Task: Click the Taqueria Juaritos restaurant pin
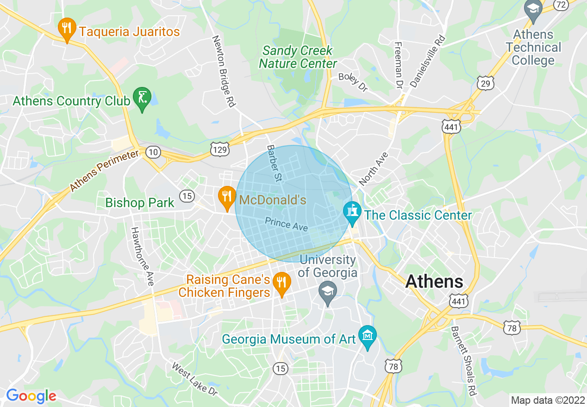tap(67, 29)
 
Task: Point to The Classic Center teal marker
tap(352, 213)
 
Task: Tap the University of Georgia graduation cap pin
tap(328, 292)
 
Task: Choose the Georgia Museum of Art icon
tap(368, 337)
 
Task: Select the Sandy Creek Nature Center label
tap(298, 57)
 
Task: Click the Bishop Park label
tap(140, 203)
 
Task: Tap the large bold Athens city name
tap(434, 282)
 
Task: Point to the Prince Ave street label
tap(286, 224)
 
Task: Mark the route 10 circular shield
tap(152, 152)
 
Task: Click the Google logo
tap(31, 396)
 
